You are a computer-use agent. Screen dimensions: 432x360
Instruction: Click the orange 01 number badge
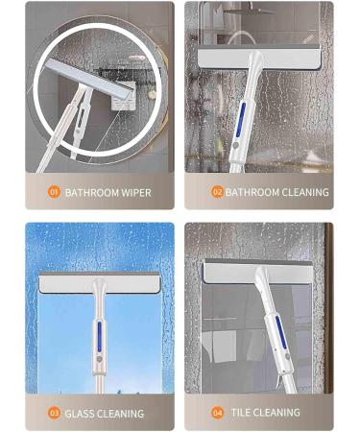54,192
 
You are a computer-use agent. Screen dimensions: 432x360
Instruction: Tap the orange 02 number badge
217,192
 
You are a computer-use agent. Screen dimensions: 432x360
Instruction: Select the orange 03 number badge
54,414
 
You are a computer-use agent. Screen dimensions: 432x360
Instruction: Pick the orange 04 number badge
219,413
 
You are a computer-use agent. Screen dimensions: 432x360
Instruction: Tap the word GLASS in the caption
82,414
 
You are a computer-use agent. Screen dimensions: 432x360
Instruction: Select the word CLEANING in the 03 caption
123,414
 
